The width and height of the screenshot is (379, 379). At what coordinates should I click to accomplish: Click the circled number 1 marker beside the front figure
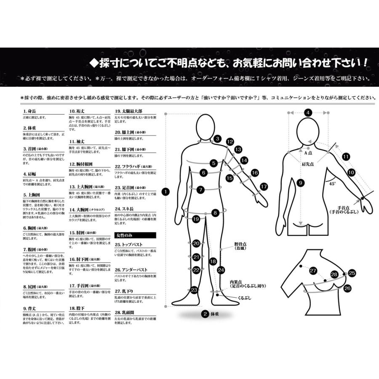tap(166, 191)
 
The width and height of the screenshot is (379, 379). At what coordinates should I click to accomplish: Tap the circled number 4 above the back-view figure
tap(308, 112)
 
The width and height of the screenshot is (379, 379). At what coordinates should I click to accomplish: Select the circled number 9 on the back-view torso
tap(300, 183)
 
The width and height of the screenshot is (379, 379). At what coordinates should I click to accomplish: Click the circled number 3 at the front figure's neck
tap(217, 139)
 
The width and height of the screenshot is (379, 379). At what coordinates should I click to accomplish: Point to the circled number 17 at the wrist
tap(264, 186)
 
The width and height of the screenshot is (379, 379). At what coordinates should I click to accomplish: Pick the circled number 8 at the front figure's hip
tap(215, 213)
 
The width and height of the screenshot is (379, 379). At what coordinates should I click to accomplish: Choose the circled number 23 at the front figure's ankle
tap(194, 290)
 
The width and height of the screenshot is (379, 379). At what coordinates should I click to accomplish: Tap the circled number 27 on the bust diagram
tap(313, 270)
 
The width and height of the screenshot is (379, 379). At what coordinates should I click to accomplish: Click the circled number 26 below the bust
tap(347, 288)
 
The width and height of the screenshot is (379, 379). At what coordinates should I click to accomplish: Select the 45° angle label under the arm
tap(332, 184)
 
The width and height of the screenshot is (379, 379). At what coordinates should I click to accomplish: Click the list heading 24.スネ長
tap(125, 208)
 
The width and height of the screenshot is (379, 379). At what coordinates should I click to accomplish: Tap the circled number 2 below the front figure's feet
tap(205, 314)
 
